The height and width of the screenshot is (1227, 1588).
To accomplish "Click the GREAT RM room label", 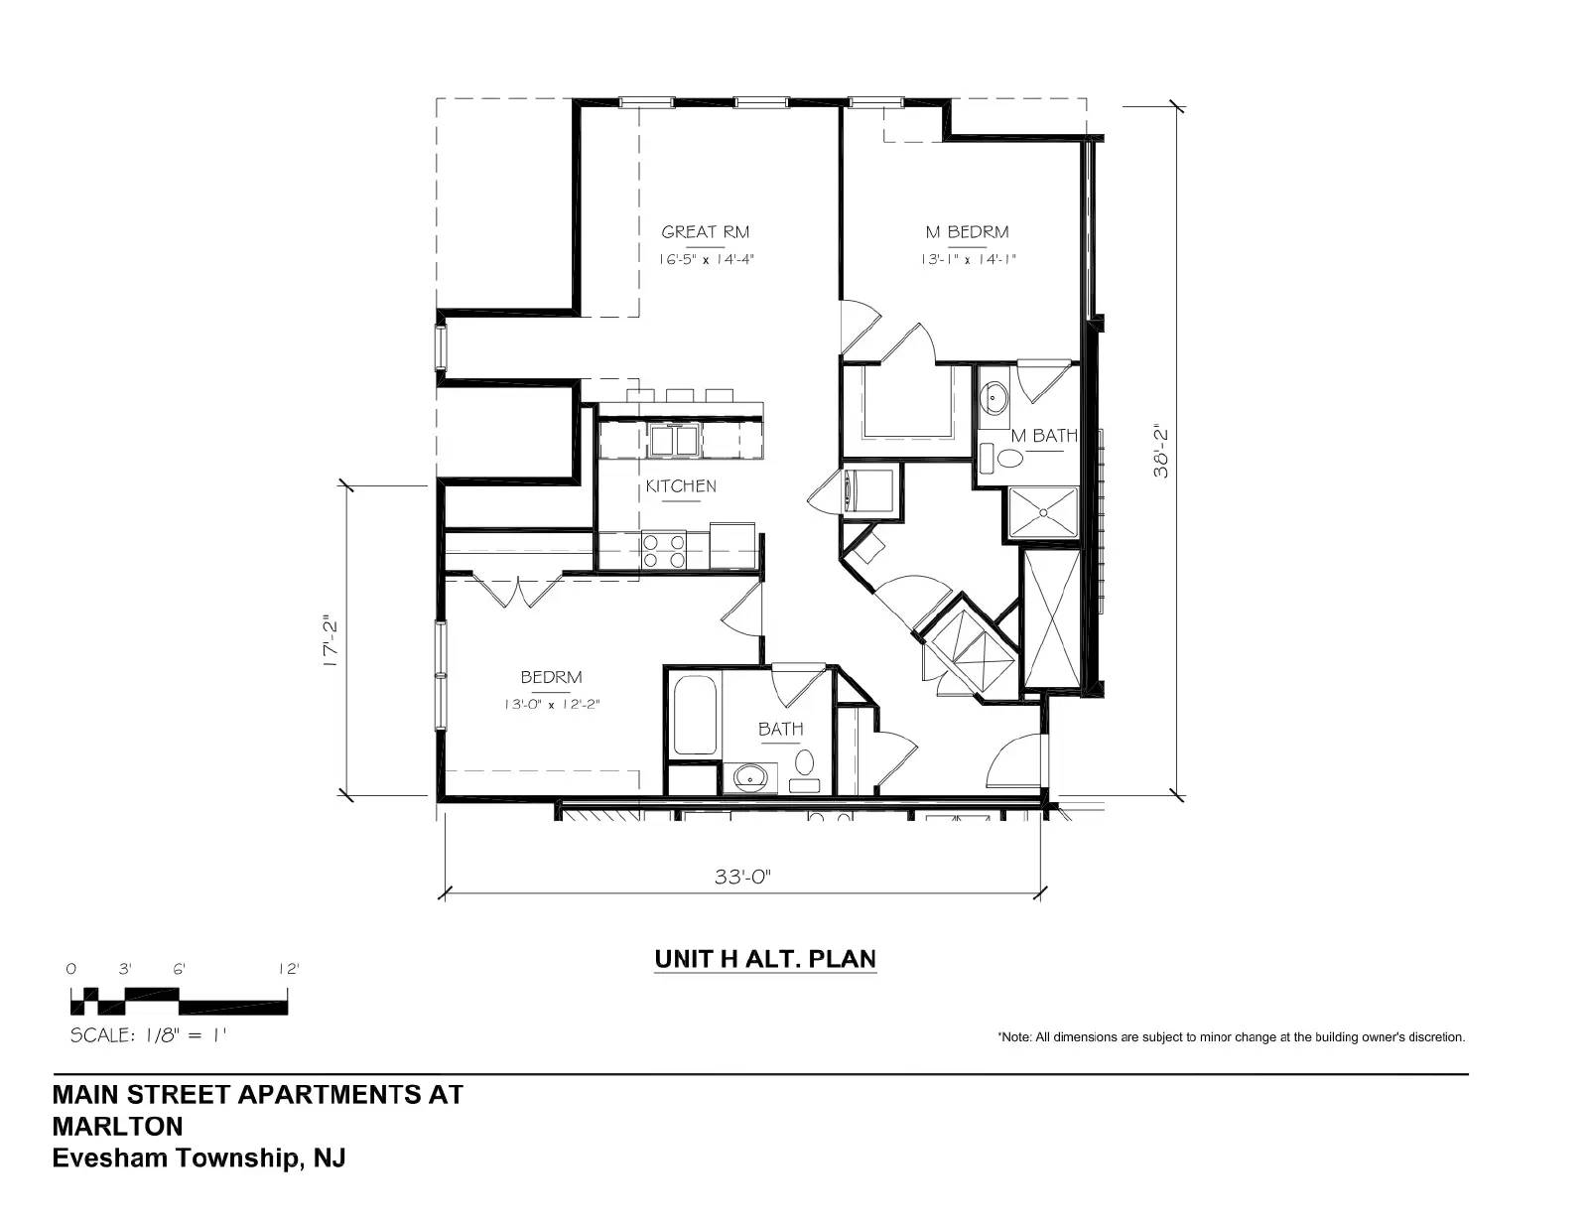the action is [x=705, y=231].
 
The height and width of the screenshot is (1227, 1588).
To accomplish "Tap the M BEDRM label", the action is [x=967, y=231].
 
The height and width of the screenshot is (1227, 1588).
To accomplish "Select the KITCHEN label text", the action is [x=681, y=486].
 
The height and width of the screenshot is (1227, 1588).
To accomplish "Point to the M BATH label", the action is [x=1044, y=436].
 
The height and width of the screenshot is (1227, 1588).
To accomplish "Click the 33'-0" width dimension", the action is [x=742, y=877].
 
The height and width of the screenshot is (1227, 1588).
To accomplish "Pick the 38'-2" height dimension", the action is [x=1160, y=452].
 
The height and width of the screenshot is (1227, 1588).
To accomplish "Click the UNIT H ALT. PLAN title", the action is [x=765, y=959].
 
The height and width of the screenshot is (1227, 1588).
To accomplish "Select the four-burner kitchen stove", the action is [x=664, y=551].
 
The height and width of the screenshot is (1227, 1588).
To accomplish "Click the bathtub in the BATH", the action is [x=694, y=715].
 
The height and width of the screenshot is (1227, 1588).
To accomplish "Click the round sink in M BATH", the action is [x=993, y=399].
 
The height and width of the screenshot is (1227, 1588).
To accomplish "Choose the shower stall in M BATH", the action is [x=1043, y=513].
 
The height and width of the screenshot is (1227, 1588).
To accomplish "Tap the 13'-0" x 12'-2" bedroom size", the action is [x=552, y=705].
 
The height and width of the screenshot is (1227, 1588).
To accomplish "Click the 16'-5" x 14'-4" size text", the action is [x=706, y=259].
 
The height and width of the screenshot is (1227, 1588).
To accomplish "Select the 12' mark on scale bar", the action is [x=289, y=970].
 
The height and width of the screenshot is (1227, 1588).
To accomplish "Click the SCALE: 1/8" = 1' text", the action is [x=148, y=1035].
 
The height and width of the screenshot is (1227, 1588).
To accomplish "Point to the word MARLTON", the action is [x=118, y=1127].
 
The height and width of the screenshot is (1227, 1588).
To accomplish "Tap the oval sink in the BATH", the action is [x=749, y=777].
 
